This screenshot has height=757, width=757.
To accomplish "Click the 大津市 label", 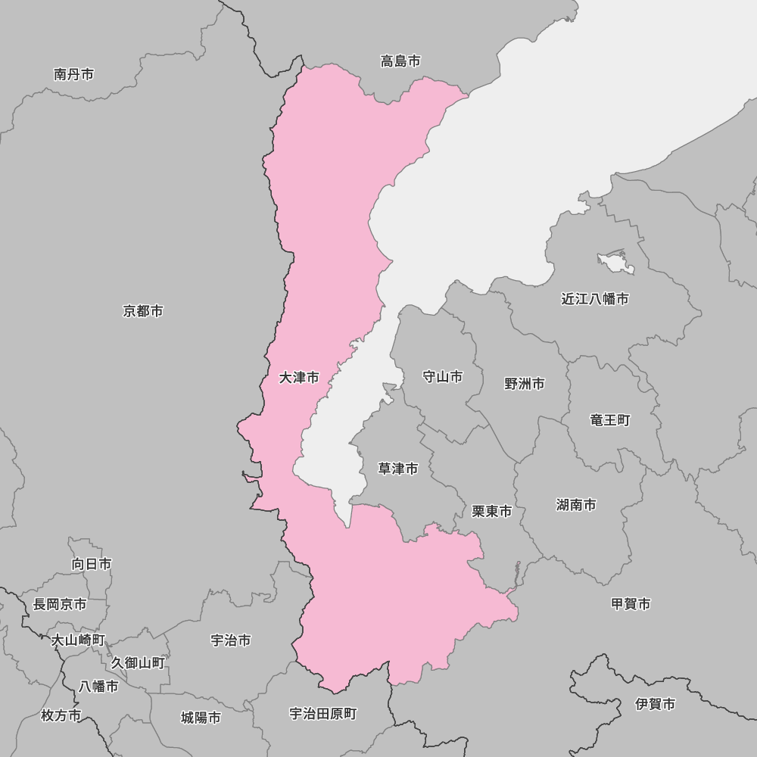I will point(299,377).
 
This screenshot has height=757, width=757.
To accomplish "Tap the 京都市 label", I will point(143,311).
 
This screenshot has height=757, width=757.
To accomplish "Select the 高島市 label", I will point(400,61).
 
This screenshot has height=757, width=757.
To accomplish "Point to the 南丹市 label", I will point(74,74).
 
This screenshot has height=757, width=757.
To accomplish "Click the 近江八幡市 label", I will point(595,299).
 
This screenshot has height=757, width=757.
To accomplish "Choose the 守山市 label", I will point(442,376).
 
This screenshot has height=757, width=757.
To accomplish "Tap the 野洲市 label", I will point(525,384).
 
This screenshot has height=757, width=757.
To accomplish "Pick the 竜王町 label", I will point(610,419).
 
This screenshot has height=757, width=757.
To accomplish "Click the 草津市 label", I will point(398,469).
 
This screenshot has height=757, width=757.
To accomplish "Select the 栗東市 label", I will point(492,512).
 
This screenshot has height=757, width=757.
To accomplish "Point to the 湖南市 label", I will point(576,505).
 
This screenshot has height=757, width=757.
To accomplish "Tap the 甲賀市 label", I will point(631,603).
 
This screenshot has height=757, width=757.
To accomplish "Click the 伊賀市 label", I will point(656,704).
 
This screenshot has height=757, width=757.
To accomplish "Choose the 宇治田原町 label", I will point(323,713).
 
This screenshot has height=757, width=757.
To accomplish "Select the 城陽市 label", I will point(201,718).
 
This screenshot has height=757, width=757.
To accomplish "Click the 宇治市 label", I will point(231,640).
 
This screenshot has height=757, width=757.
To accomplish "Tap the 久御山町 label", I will point(138,662).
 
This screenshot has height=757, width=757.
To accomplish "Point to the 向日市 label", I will point(92,564).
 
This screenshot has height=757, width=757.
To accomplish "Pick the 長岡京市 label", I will point(60,604).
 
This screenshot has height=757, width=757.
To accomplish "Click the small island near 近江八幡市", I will point(615,260).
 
